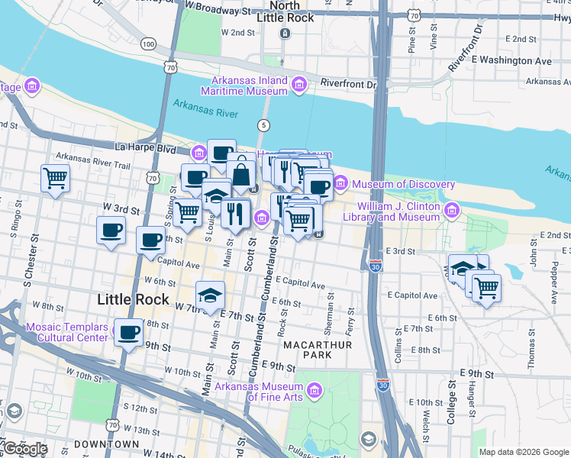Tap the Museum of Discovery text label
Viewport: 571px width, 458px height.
coord(402,184)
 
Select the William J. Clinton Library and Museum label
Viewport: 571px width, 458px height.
coord(399,211)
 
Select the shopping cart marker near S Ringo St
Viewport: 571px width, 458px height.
coord(55,179)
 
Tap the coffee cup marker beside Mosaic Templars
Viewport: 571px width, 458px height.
coord(129,333)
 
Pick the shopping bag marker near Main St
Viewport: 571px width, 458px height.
coord(241,174)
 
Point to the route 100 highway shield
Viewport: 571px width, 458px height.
coord(148,44)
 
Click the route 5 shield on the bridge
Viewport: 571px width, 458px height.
coord(264,124)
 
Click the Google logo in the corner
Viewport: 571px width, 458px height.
coord(25,449)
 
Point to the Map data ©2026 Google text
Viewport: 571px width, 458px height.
coord(523,452)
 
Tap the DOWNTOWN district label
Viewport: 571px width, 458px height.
coord(107,443)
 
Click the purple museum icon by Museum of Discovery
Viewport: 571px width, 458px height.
coord(340,184)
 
